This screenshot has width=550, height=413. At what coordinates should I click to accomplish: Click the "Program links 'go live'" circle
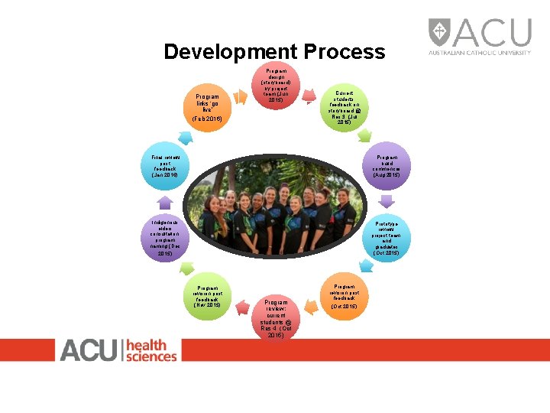(207, 108)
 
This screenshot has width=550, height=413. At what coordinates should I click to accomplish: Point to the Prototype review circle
(386, 238)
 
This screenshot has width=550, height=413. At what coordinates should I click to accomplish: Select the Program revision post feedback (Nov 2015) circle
(207, 292)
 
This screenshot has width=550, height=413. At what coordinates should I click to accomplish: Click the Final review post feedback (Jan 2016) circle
(164, 164)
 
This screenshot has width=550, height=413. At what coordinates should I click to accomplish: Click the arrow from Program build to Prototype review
(386, 201)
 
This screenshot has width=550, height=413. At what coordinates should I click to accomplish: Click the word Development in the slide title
(231, 52)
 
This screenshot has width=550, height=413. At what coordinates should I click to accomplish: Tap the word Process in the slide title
(345, 52)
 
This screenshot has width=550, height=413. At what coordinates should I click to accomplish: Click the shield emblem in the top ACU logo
(440, 32)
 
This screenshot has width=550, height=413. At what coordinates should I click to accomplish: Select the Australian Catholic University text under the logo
(480, 53)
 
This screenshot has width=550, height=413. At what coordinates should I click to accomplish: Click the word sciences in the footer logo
(151, 356)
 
